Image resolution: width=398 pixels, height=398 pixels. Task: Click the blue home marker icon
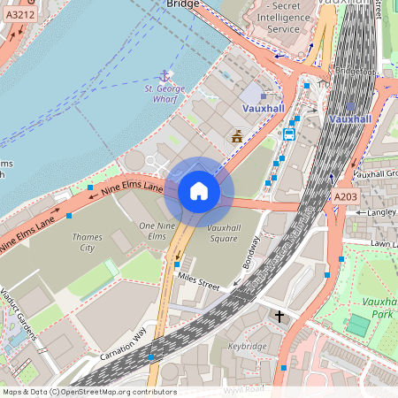tap(199, 191)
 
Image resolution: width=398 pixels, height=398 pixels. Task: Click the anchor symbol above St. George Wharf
tap(163, 77)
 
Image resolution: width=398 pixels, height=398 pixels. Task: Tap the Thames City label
tap(87, 242)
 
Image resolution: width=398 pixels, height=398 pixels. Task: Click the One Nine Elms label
tap(153, 232)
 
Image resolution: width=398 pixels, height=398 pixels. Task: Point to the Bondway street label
tap(253, 256)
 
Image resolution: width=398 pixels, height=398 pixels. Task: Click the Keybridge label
tap(248, 346)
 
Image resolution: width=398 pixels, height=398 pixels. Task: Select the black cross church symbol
tap(279, 316)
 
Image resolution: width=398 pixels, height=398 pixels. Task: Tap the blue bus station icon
tap(288, 134)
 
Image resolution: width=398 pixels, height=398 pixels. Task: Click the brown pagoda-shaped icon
tap(237, 136)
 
